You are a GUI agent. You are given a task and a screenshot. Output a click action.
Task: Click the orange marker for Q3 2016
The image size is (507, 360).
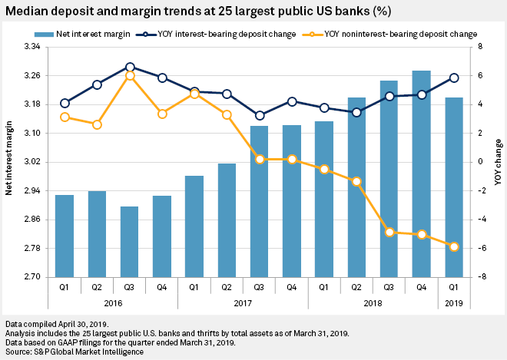click(130, 75)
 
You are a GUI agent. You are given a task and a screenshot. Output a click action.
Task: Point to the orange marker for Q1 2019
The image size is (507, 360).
click(454, 246)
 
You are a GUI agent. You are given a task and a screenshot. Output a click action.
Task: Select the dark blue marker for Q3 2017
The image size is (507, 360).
click(260, 115)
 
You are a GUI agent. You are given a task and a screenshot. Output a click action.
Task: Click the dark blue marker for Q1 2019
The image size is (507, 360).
click(454, 78)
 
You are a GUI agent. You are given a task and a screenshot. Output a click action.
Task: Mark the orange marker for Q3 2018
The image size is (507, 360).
click(389, 232)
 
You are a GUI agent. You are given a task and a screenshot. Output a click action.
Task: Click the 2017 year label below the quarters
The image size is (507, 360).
click(243, 302)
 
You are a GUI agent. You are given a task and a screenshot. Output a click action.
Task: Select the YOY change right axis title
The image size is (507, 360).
click(499, 162)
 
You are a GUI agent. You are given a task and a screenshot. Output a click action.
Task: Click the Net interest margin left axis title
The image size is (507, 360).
click(8, 162)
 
